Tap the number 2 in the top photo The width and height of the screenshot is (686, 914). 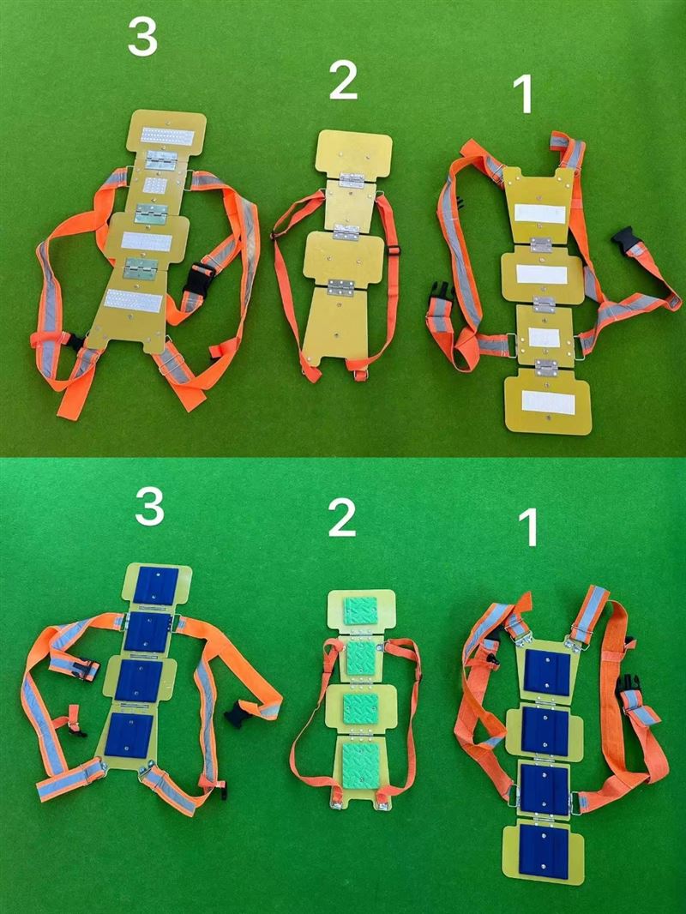343,80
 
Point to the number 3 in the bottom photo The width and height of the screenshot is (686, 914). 149,507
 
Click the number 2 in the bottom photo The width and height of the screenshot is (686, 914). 341,518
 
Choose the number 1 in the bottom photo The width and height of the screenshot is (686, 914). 529,528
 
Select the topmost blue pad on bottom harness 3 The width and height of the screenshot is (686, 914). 156,586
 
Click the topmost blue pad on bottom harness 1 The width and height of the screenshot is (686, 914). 548,673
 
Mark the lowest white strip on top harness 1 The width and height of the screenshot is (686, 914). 548,402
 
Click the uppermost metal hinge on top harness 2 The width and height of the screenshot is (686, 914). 352,181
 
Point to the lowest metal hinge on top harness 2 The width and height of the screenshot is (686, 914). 341,287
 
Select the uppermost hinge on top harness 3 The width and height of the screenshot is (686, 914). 161,160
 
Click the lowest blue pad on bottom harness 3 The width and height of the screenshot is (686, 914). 129,736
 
